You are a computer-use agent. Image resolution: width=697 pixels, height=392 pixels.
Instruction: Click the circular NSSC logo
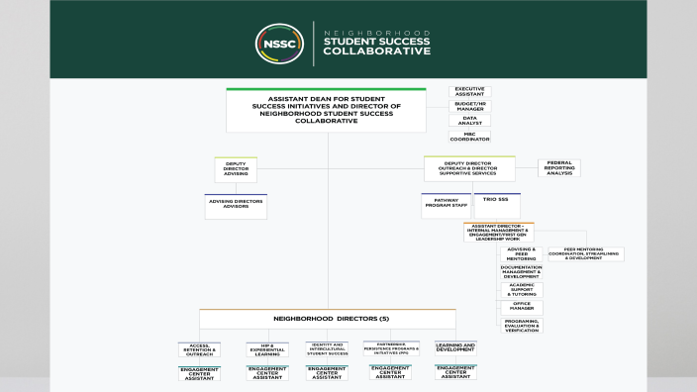pos(280,44)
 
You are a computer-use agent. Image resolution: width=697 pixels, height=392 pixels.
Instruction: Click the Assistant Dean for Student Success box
pos(326,110)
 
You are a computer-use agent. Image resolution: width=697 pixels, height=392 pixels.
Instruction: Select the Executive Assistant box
pos(469,91)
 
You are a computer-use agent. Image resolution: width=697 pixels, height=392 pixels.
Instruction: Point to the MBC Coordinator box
pos(469,136)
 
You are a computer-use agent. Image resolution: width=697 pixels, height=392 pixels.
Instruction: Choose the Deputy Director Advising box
pos(236,169)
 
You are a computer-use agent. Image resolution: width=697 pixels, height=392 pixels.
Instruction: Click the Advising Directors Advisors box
pos(236,206)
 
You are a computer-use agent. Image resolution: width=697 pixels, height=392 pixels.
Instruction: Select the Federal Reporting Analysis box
pos(559,168)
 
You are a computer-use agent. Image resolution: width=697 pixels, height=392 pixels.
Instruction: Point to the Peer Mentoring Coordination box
pos(586,254)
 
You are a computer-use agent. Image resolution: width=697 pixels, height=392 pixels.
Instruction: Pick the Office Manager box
pos(521,308)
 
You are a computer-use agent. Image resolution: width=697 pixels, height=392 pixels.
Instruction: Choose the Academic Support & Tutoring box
pos(521,290)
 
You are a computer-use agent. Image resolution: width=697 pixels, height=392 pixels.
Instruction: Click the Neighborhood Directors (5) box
pos(327,319)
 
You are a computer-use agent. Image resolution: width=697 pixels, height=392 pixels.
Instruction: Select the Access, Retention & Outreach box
pos(200,349)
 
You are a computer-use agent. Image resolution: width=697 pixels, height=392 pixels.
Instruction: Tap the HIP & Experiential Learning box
pos(267,349)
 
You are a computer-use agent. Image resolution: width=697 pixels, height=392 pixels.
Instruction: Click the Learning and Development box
pos(455,348)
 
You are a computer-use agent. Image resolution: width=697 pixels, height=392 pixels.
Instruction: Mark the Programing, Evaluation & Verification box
pos(521,325)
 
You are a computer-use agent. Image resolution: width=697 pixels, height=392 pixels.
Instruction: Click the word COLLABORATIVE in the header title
pos(377,51)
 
